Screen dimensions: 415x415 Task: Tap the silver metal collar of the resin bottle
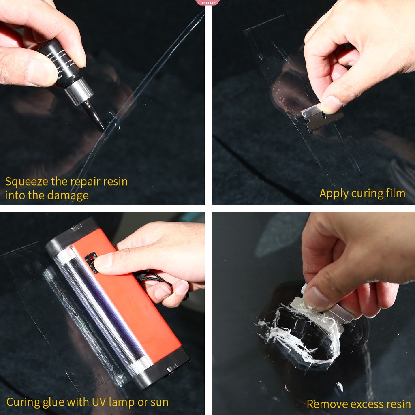[x=79, y=91]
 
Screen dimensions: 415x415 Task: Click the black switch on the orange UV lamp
[x=91, y=262]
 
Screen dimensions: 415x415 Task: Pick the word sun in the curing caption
[x=159, y=402]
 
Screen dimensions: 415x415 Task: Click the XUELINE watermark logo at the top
[x=207, y=2]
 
